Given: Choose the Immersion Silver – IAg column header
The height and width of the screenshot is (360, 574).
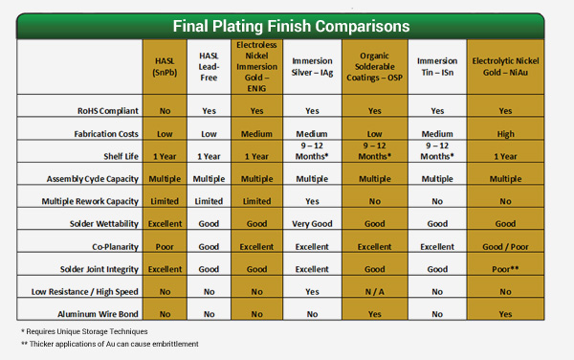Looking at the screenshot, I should coord(312,65).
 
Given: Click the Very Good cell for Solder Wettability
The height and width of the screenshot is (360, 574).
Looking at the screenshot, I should coord(312,223).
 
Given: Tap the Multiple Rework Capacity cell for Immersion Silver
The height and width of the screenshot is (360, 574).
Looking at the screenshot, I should coord(312,201).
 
